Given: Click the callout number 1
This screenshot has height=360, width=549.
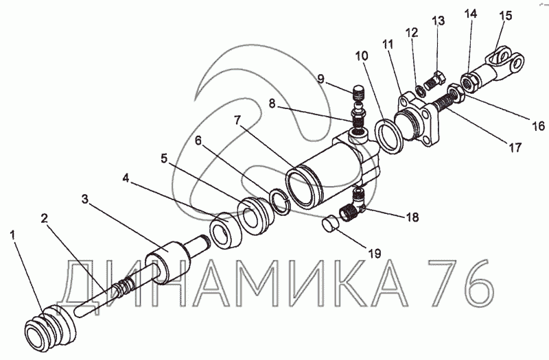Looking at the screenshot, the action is [x=12, y=235].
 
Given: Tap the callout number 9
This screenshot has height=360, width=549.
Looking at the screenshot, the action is [x=320, y=77].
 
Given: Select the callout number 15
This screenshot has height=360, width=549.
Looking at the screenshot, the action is [x=505, y=15].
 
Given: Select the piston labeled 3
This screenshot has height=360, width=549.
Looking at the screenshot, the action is [x=168, y=260].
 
